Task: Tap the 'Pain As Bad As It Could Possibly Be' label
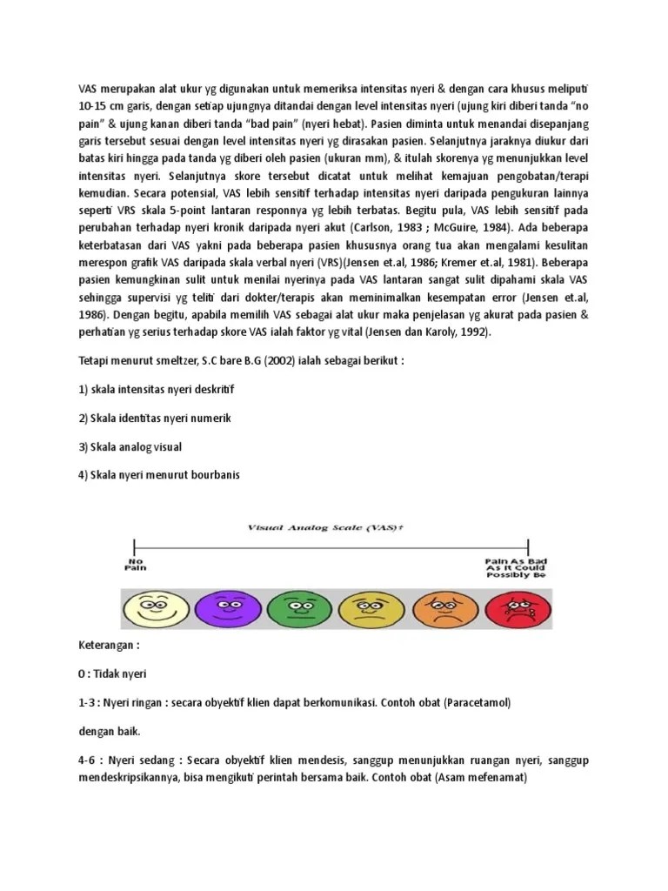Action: tap(514, 567)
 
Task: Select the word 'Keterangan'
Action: tap(106, 646)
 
